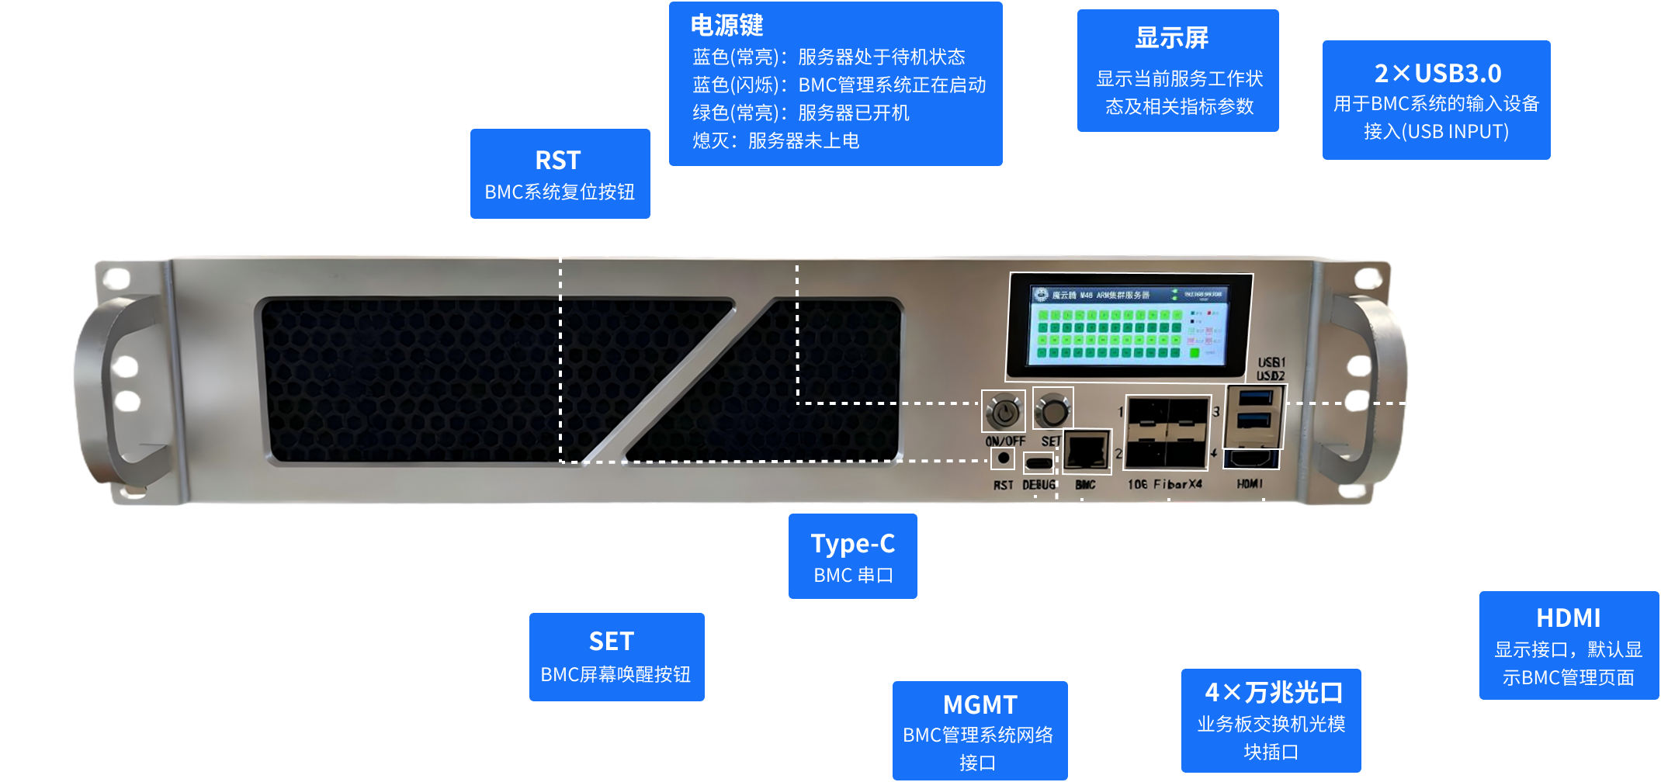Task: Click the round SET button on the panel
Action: (x=1052, y=410)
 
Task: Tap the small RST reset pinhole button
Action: (x=1003, y=458)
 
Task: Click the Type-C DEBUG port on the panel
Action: (x=1039, y=464)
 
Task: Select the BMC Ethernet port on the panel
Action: (x=1085, y=451)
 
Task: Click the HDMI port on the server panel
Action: (x=1250, y=458)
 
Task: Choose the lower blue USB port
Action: (x=1254, y=421)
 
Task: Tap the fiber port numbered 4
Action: (x=1188, y=451)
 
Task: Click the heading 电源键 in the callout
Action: (x=726, y=26)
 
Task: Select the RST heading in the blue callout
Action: (x=558, y=161)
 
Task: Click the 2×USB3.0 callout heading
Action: (x=1437, y=74)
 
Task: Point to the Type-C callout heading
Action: (x=852, y=544)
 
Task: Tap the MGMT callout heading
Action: (x=980, y=704)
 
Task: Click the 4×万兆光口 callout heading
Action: (x=1274, y=692)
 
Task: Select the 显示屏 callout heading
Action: (x=1171, y=37)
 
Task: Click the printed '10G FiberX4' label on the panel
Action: (x=1164, y=485)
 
